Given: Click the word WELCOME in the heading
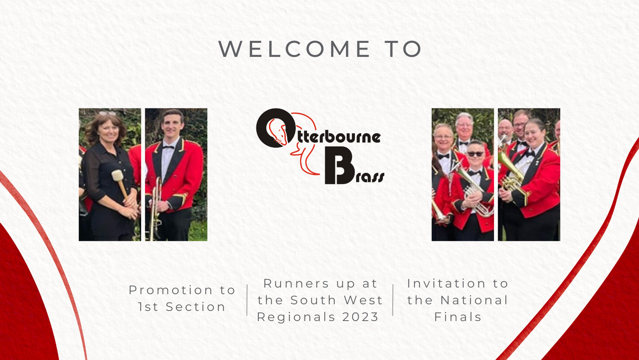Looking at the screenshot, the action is pyautogui.click(x=294, y=49).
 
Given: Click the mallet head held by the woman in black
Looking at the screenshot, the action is pyautogui.click(x=117, y=175).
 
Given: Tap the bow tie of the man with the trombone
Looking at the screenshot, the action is pyautogui.click(x=168, y=147).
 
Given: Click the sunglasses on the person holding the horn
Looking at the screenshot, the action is pyautogui.click(x=475, y=154).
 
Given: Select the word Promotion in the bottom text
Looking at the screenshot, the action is pyautogui.click(x=171, y=290).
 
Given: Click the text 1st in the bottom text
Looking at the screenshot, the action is pyautogui.click(x=148, y=307).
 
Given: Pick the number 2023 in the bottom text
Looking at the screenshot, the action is pyautogui.click(x=360, y=317).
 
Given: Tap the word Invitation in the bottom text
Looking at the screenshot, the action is pyautogui.click(x=447, y=284).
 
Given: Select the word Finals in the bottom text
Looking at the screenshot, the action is pyautogui.click(x=458, y=317).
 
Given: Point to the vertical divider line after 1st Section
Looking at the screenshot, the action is pyautogui.click(x=247, y=300).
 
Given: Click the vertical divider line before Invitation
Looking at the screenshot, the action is pyautogui.click(x=393, y=300).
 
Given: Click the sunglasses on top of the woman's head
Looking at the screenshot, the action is pyautogui.click(x=108, y=113).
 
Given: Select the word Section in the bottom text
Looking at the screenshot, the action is pyautogui.click(x=196, y=307).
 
